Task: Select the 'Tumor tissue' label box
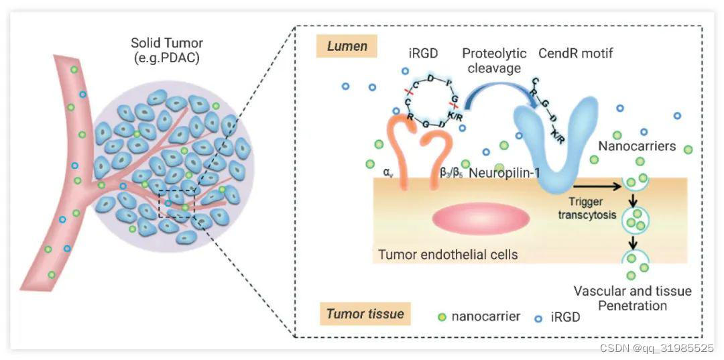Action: coord(365,314)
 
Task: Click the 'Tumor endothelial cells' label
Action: coord(448,255)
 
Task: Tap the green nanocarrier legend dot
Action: coord(441,317)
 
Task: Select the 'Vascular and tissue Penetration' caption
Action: coord(632,298)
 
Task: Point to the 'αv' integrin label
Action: coord(387,172)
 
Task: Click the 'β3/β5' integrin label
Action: coord(450,173)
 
